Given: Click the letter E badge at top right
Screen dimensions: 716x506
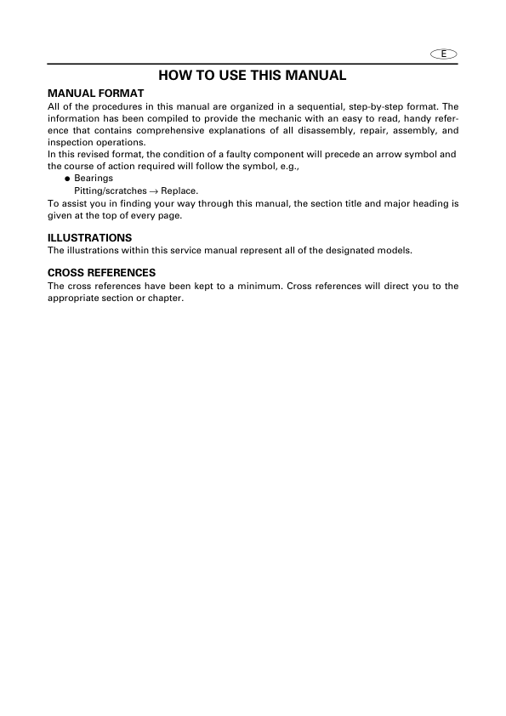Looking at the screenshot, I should [x=444, y=54].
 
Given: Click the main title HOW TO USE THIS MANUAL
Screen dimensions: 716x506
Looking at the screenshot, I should [x=253, y=76].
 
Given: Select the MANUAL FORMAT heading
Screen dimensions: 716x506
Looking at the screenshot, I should [x=96, y=92].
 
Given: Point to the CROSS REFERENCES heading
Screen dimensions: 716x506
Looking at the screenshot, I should [x=101, y=273].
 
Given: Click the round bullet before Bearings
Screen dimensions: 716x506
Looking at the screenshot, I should [x=67, y=179].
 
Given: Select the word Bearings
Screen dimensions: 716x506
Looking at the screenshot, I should [x=94, y=179].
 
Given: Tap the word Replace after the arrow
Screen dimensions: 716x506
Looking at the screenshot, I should [x=179, y=191].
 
